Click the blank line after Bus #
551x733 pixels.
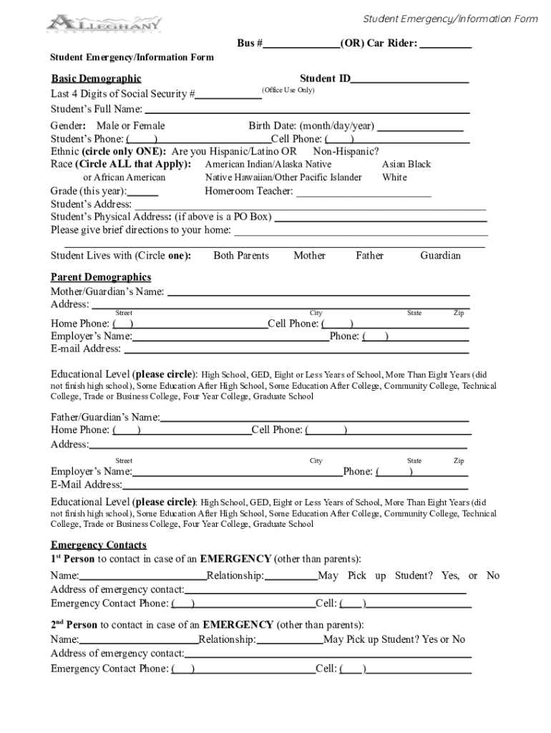[x=301, y=44]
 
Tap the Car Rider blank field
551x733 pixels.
[x=445, y=44]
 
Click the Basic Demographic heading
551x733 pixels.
[x=96, y=78]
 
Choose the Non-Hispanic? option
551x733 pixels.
[x=346, y=152]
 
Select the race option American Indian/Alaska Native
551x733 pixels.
[x=268, y=165]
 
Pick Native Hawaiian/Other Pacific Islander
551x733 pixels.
[x=283, y=178]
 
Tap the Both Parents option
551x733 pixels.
[x=241, y=256]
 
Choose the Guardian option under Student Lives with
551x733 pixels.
[x=440, y=256]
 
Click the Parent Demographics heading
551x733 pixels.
[x=100, y=277]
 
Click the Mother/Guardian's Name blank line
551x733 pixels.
[x=318, y=293]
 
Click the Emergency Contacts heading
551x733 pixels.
[x=98, y=545]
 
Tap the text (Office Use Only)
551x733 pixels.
[x=288, y=90]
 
